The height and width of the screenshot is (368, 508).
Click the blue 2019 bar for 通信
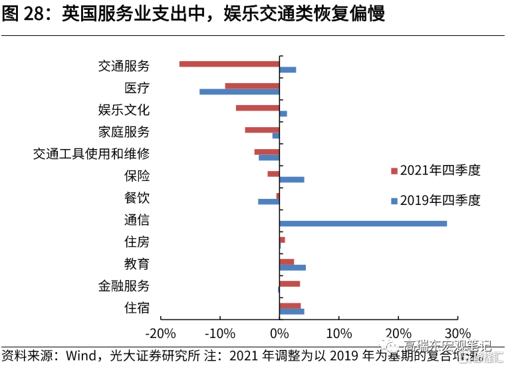[x=363, y=224]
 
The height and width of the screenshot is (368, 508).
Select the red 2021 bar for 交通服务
[x=229, y=64]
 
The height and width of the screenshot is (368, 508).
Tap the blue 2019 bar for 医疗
[x=239, y=91]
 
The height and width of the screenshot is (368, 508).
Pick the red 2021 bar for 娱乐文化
[x=257, y=108]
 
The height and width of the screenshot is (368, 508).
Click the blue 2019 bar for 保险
[x=292, y=180]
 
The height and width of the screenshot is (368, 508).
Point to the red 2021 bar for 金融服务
[x=290, y=283]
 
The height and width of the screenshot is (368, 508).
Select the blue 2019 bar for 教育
[x=293, y=268]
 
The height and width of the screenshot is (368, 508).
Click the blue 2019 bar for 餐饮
[x=269, y=202]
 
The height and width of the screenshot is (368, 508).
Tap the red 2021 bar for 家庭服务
[x=262, y=130]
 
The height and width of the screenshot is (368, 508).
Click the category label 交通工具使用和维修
[x=92, y=154]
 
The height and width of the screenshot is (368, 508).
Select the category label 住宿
[x=137, y=308]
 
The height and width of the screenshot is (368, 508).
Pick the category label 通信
[x=137, y=220]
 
